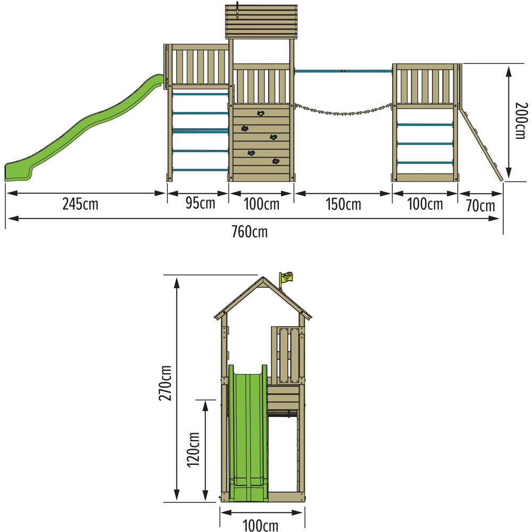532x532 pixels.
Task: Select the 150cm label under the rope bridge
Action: [x=343, y=204]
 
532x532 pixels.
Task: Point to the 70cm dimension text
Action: [x=480, y=205]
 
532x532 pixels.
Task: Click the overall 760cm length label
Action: [x=250, y=231]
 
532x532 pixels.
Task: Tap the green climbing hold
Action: [x=273, y=138]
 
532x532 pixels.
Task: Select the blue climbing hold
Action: [x=251, y=153]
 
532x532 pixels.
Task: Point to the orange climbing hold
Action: [x=276, y=161]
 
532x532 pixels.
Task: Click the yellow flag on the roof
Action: [x=287, y=277]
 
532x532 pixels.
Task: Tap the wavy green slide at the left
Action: [x=80, y=133]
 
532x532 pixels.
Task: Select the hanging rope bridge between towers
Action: [x=343, y=110]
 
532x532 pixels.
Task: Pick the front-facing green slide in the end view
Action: [x=247, y=431]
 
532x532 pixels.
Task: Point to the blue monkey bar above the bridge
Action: [x=343, y=71]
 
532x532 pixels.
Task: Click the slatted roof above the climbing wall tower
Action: [x=261, y=21]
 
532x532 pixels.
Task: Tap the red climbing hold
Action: [x=245, y=128]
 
